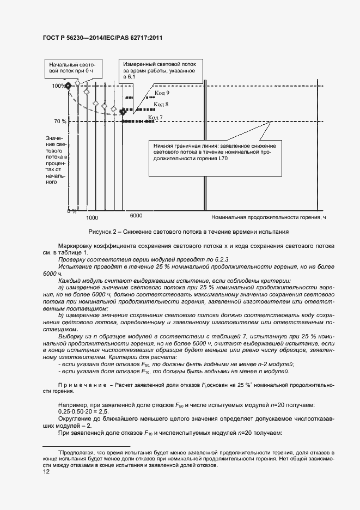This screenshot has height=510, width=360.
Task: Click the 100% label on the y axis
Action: click(58, 86)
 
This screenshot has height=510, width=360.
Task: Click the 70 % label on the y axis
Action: click(60, 121)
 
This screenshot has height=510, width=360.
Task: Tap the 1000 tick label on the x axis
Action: click(92, 217)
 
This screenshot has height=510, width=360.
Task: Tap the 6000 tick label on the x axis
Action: click(136, 216)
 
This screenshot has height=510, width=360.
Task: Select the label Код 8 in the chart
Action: click(161, 104)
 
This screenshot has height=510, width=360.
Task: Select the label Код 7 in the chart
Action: click(156, 117)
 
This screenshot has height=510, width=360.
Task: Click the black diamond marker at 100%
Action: click(68, 86)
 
